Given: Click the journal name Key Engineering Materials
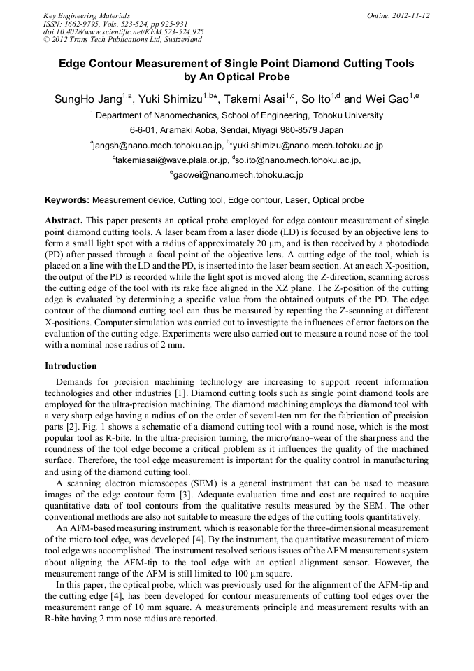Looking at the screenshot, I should pyautogui.click(x=86, y=15).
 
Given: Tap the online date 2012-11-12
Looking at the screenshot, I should pyautogui.click(x=410, y=15).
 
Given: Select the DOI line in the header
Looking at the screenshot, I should pyautogui.click(x=124, y=31).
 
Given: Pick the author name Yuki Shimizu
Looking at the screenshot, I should pyautogui.click(x=171, y=99).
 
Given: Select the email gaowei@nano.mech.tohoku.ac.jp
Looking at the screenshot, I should pyautogui.click(x=238, y=175).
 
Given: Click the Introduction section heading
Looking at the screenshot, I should pyautogui.click(x=71, y=365).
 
